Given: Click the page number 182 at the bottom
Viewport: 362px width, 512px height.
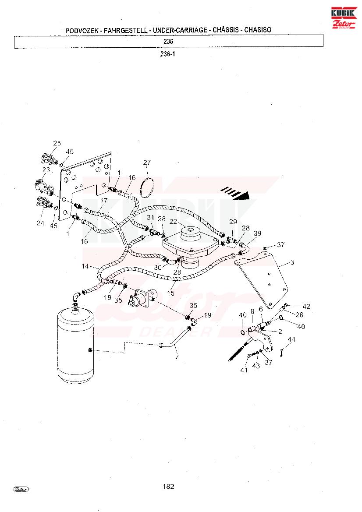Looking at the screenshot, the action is (x=168, y=486).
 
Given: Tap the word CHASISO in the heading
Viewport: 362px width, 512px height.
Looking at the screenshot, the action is (x=258, y=30).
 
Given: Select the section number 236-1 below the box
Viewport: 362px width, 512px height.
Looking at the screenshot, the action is (x=167, y=54).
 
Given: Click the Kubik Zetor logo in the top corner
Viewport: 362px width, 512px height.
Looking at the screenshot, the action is (x=344, y=18).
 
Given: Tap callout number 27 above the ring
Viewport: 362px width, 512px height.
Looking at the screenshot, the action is (x=147, y=162).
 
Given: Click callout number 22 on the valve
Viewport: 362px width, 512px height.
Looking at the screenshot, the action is (x=173, y=222).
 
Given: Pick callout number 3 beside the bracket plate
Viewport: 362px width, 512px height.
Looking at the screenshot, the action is (x=292, y=262).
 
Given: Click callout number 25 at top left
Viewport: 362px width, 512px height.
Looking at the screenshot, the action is (x=57, y=143).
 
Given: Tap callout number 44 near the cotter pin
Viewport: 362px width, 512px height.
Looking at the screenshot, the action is (x=291, y=339).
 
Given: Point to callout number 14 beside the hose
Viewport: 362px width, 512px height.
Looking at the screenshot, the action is (x=85, y=266).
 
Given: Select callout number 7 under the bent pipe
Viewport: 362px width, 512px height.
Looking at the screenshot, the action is (x=177, y=357).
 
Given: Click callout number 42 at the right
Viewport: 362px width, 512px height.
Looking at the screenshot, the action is (x=306, y=306).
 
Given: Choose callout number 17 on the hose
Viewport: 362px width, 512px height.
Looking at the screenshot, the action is (x=103, y=200).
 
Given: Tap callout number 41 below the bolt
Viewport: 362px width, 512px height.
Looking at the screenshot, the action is (x=244, y=370).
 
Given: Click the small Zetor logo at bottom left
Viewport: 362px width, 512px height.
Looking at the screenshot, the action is (x=21, y=489).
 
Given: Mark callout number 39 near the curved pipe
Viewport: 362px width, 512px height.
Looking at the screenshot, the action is (x=257, y=233).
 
